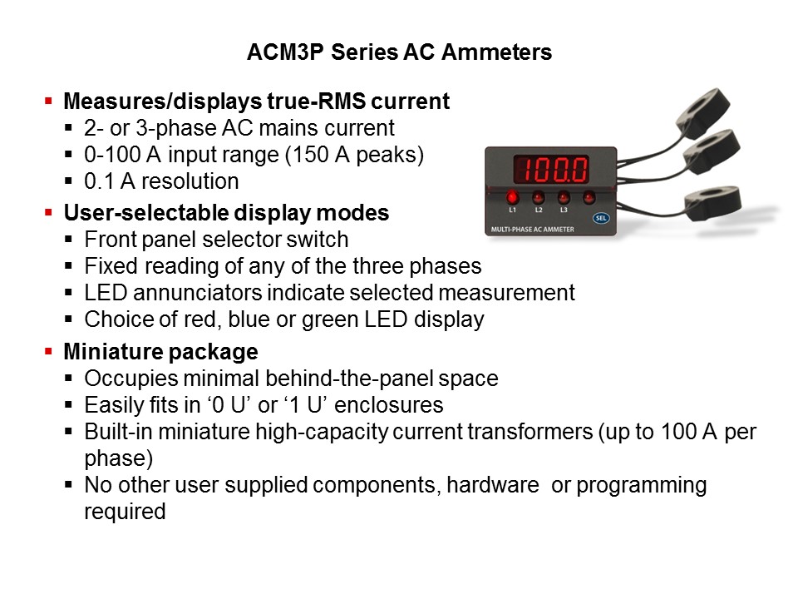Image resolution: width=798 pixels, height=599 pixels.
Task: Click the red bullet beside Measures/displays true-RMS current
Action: [x=48, y=101]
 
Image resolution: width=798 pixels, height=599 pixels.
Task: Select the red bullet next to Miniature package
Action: [x=48, y=350]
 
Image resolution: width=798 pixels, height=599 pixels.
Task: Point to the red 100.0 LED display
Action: [x=551, y=170]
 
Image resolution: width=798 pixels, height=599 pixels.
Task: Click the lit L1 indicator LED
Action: [x=513, y=197]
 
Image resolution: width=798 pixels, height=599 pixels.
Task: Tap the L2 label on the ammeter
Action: [x=539, y=210]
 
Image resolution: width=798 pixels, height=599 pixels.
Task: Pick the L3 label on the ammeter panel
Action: [x=564, y=210]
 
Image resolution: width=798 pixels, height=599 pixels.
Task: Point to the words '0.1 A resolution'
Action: [x=161, y=181]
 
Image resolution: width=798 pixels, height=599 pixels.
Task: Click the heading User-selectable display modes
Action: [x=226, y=213]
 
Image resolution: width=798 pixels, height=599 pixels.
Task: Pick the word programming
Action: [x=641, y=485]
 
